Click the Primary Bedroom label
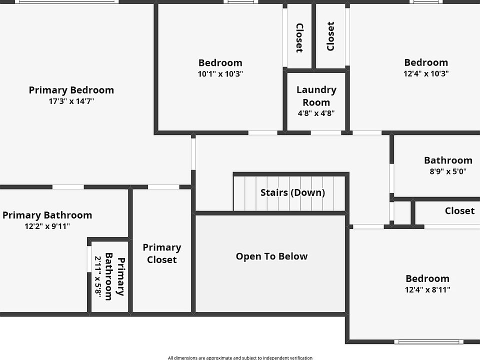(71, 90)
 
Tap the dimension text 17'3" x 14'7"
(71, 101)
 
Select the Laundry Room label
(316, 96)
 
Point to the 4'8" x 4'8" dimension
(316, 113)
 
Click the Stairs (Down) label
(292, 192)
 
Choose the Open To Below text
(271, 256)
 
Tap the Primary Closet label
(162, 253)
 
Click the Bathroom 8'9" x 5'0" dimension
(448, 171)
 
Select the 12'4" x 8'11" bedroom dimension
(427, 290)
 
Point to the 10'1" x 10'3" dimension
(220, 74)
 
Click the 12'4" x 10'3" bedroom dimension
(426, 74)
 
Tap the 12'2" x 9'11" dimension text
(47, 226)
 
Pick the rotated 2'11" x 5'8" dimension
(98, 277)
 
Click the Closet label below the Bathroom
(459, 211)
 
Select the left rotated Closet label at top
(299, 37)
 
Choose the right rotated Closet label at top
(330, 36)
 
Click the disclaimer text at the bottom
(240, 357)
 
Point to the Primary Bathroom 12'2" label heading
(47, 215)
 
